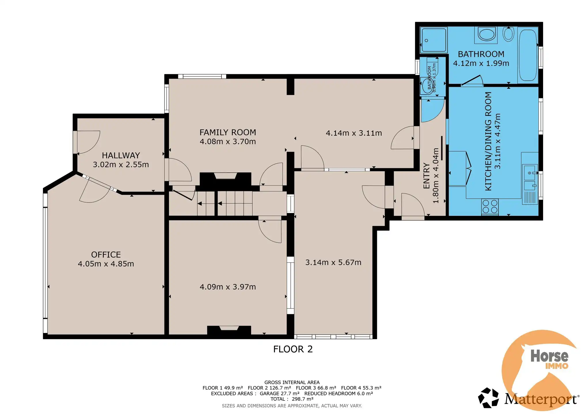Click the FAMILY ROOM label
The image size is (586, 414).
227,132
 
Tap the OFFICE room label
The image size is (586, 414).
106,254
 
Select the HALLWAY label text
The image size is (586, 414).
121,155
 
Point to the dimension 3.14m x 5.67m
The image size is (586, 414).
333,262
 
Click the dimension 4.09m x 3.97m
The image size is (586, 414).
227,287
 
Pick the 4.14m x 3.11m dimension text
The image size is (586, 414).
353,133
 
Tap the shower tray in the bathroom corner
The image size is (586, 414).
433,40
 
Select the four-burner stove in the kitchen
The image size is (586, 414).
490,206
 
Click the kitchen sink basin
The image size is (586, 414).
530,172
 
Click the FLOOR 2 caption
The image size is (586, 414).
293,349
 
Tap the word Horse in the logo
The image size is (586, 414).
549,356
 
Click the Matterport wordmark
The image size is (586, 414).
541,399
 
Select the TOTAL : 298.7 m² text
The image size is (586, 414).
292,399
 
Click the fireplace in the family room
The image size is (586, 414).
225,179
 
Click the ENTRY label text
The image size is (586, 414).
426,176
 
